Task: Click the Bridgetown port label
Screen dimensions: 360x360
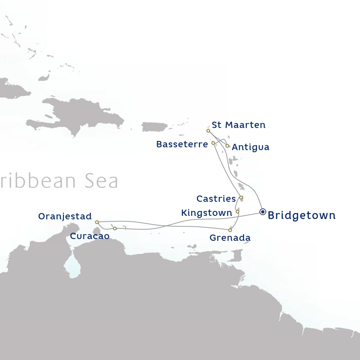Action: (302, 216)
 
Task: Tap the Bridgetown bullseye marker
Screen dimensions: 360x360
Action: (263, 212)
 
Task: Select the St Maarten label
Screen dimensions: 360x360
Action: (238, 125)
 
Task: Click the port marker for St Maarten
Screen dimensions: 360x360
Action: (208, 131)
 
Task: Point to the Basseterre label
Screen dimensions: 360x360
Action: (182, 144)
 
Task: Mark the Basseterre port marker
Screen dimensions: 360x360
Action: (213, 143)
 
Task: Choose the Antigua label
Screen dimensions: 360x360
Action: (251, 147)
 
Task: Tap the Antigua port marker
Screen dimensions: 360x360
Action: (227, 146)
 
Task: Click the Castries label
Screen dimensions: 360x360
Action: (216, 199)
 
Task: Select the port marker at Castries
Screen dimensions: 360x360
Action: (241, 198)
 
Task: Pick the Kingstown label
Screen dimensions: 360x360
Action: (206, 213)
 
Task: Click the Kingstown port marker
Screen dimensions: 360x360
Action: (237, 212)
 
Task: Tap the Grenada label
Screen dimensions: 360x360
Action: (230, 238)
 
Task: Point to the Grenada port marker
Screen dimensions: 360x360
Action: (230, 230)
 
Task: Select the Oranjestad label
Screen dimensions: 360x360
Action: (65, 216)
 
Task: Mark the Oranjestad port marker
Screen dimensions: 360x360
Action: (97, 222)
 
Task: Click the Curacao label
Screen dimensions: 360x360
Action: (90, 236)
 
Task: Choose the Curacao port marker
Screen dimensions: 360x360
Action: (115, 229)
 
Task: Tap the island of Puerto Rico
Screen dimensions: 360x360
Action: (154, 127)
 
